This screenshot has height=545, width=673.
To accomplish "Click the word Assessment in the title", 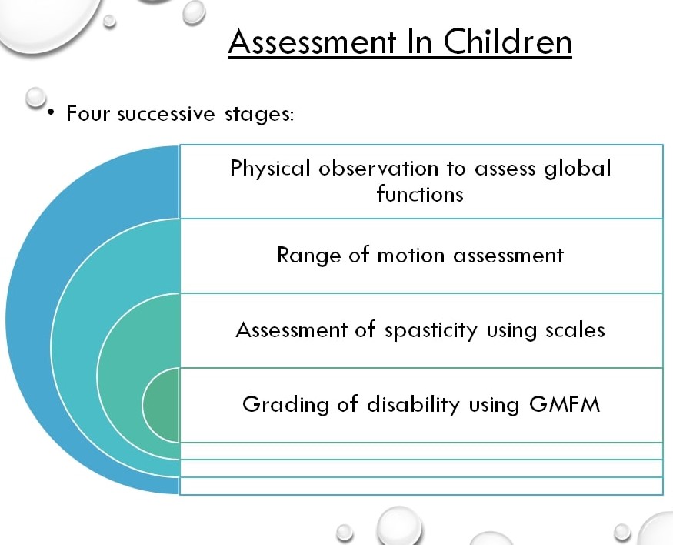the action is click(312, 42).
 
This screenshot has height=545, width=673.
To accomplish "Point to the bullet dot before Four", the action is click(52, 112).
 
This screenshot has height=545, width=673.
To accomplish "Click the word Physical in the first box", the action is click(269, 169).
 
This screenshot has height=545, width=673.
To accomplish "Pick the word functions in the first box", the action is click(420, 194).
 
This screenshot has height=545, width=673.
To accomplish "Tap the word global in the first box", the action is click(578, 168).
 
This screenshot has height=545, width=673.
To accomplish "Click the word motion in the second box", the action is click(411, 255).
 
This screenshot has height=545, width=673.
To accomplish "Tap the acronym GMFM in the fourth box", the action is click(565, 404).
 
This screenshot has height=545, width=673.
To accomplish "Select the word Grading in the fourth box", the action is click(285, 405).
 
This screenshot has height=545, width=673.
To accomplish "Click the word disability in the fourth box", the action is click(413, 405).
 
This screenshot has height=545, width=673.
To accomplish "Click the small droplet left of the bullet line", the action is click(35, 97).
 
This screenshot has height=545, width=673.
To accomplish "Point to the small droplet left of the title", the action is click(109, 21).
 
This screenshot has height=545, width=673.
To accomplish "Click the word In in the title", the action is click(419, 42).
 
